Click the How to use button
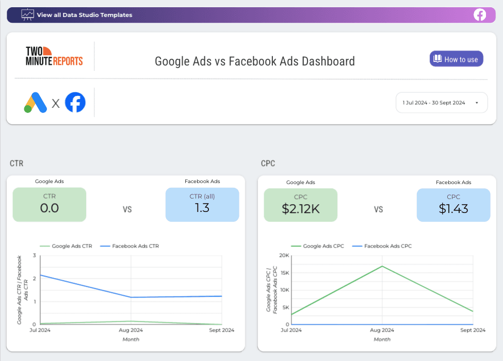[x=456, y=59]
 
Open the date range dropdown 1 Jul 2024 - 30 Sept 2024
[x=441, y=103]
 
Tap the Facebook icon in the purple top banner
[x=480, y=15]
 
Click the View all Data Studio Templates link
[x=77, y=15]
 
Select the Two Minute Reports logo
[x=54, y=56]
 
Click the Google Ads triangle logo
[x=35, y=102]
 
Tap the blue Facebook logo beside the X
[x=75, y=102]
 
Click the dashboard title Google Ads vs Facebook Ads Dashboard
[x=255, y=61]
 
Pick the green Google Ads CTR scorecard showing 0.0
[x=50, y=205]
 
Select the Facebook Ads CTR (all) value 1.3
[x=202, y=208]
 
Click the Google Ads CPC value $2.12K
[x=300, y=208]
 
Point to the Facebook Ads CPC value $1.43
[x=453, y=208]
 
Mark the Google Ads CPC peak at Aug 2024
[x=382, y=266]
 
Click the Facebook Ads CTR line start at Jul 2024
[x=40, y=275]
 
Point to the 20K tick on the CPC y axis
[x=283, y=255]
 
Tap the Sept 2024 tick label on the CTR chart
[x=222, y=330]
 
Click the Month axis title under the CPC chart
[x=382, y=339]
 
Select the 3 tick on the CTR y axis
[x=35, y=255]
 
